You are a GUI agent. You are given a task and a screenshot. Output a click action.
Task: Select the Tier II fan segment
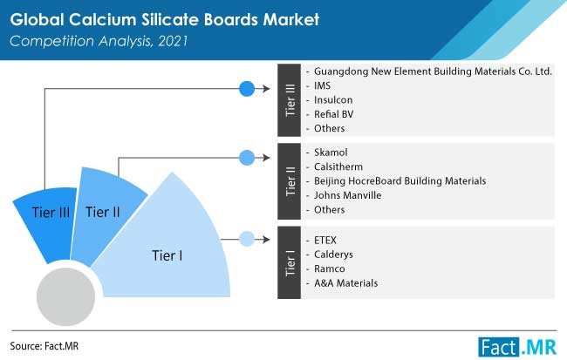click(x=105, y=214)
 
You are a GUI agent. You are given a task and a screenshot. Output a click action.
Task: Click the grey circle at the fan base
click(x=65, y=296)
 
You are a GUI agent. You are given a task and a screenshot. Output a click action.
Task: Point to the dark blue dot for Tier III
click(x=247, y=89)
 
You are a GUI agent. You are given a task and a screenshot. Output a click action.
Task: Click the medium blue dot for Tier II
click(x=247, y=158)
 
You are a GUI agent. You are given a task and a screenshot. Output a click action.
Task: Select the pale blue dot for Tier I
click(x=247, y=239)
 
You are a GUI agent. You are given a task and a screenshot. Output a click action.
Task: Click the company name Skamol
click(x=331, y=153)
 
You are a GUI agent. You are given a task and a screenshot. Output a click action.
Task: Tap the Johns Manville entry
click(x=347, y=195)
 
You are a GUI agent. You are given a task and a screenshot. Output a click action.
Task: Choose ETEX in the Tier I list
click(x=325, y=240)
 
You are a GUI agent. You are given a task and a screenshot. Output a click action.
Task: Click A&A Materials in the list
click(x=345, y=283)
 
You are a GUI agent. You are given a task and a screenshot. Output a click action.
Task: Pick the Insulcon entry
click(x=333, y=99)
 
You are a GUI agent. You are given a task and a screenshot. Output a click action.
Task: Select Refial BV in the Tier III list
click(x=334, y=114)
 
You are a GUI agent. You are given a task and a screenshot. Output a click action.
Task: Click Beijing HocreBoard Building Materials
click(x=400, y=181)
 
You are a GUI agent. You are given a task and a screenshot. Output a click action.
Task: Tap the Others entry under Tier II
click(x=329, y=210)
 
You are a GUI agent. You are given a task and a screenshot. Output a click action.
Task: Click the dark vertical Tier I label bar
click(x=289, y=262)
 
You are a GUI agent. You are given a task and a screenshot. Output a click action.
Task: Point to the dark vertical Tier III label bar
click(x=289, y=100)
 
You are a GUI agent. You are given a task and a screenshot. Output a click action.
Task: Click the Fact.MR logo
click(x=517, y=347)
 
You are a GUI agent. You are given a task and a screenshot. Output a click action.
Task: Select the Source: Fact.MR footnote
click(x=44, y=346)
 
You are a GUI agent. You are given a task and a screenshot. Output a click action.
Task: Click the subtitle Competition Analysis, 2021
click(x=99, y=41)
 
